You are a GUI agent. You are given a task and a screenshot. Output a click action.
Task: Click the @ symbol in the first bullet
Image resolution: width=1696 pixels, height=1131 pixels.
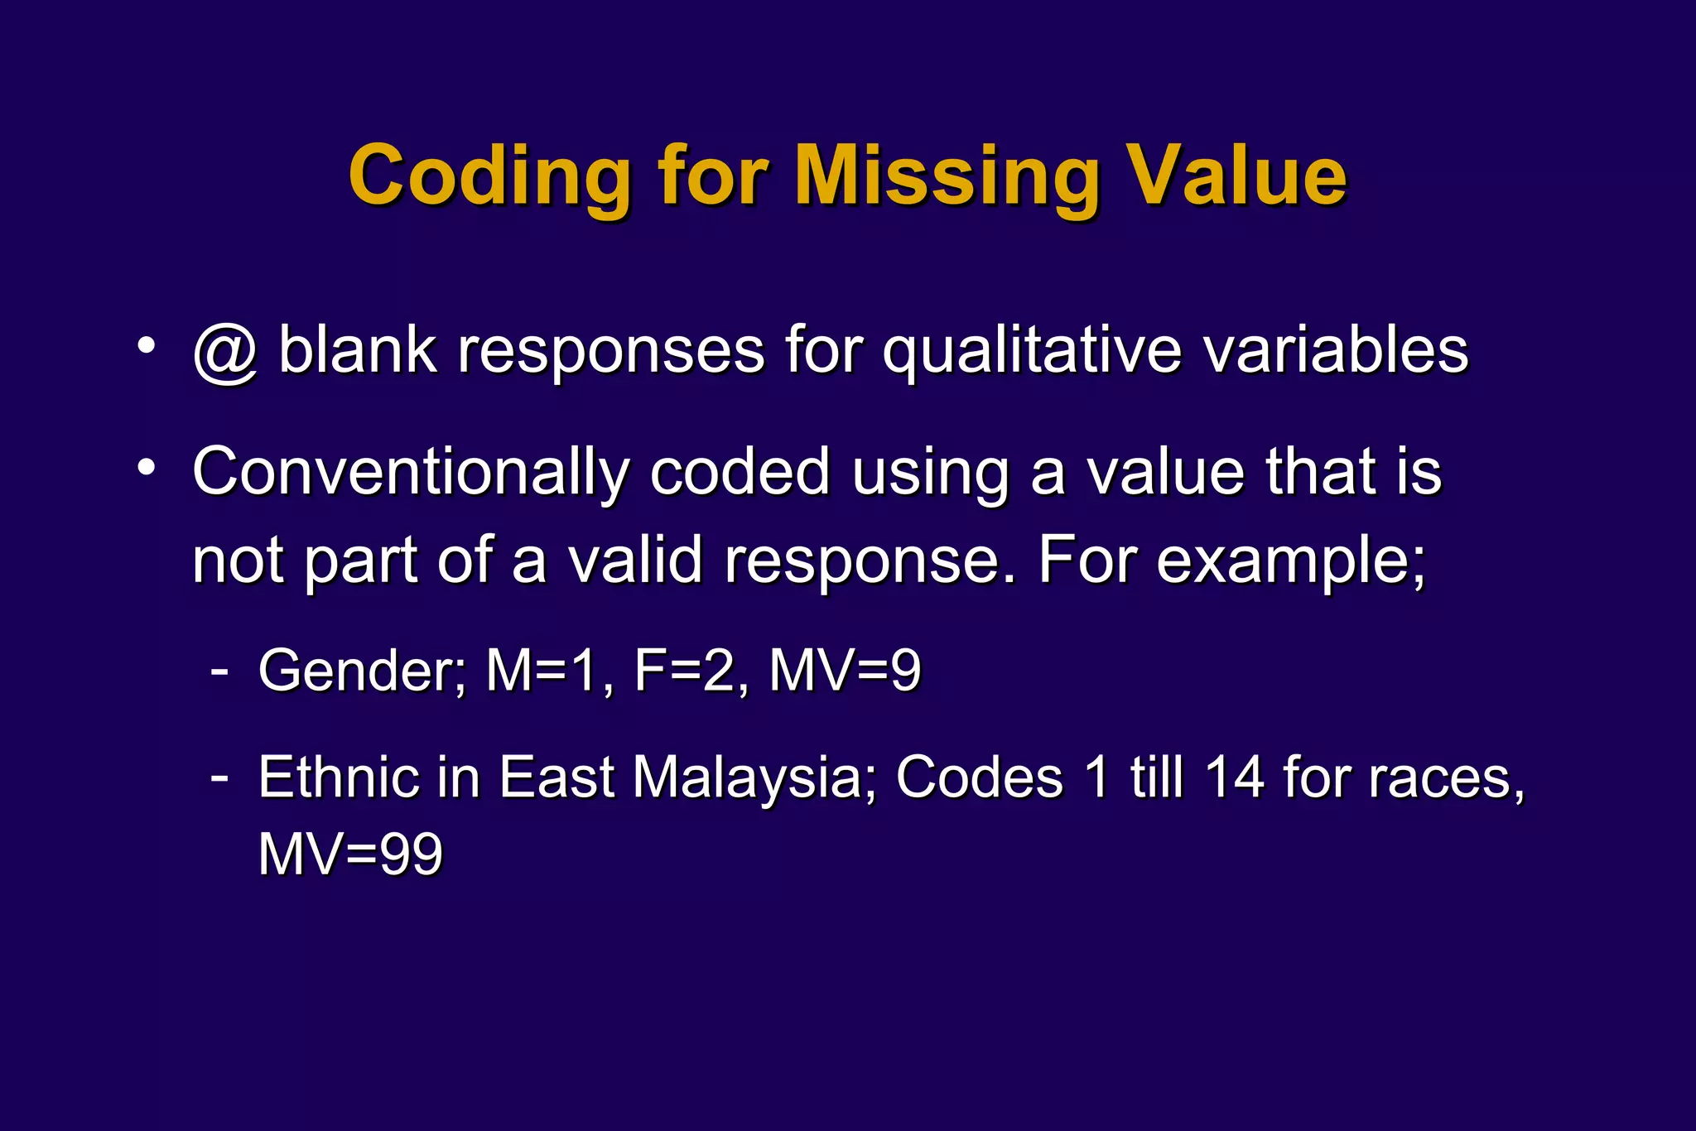click(225, 351)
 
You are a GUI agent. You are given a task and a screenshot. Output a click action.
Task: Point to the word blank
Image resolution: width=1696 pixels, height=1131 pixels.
click(357, 349)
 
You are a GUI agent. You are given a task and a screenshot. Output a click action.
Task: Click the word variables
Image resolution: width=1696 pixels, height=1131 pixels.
click(1336, 349)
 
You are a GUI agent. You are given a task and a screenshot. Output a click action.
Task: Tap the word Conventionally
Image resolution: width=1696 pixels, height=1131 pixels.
click(411, 472)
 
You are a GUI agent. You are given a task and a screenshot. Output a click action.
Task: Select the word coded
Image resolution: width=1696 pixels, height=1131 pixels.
click(740, 472)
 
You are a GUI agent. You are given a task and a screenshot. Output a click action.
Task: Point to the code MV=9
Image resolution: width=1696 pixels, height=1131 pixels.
click(845, 670)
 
